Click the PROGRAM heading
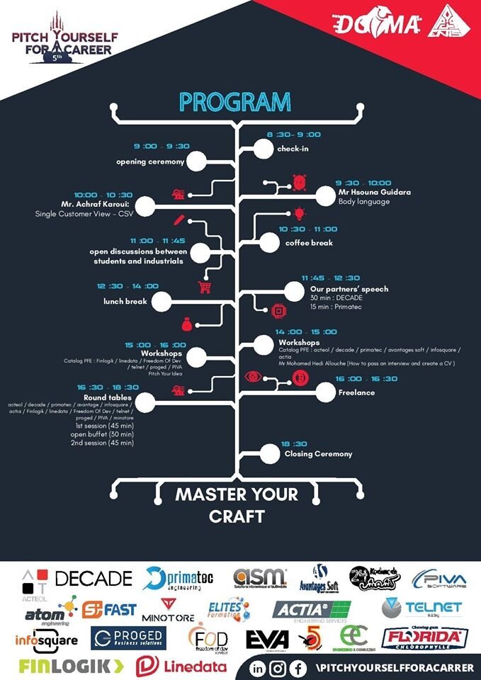[x=234, y=102]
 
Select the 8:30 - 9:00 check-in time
[x=293, y=135]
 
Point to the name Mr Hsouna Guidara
[x=374, y=192]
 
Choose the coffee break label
[x=309, y=242]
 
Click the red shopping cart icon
[x=205, y=287]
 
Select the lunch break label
[x=125, y=301]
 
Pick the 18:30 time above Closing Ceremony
[x=294, y=443]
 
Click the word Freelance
[x=356, y=392]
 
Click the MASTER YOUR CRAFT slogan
[x=237, y=505]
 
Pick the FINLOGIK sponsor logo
[x=71, y=666]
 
